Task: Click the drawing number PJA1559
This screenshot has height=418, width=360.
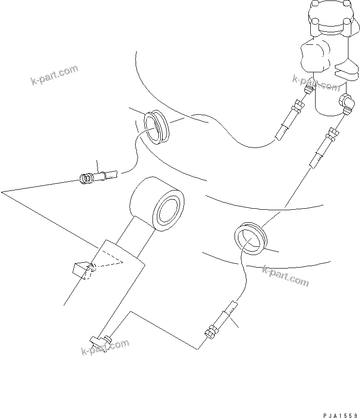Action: (338, 414)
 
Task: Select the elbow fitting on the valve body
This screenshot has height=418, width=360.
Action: (345, 103)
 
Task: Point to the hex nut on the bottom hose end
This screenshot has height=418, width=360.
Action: (210, 332)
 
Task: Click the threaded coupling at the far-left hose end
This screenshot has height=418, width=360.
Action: (87, 179)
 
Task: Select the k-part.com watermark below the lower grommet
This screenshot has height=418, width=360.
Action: (285, 275)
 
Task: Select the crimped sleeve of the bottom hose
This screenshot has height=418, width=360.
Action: (227, 312)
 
